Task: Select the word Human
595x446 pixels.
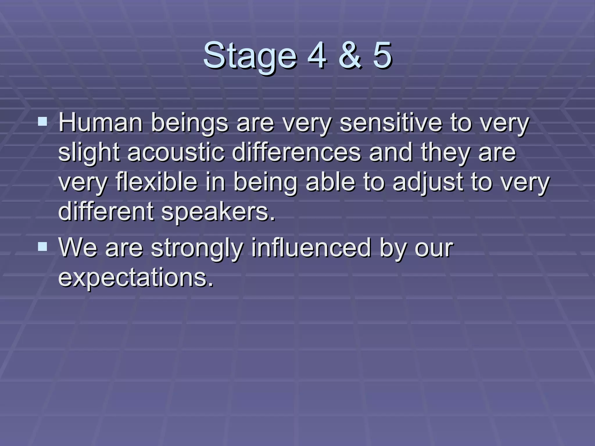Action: [100, 123]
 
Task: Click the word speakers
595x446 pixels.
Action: [218, 212]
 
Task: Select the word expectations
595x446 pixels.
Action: [136, 278]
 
